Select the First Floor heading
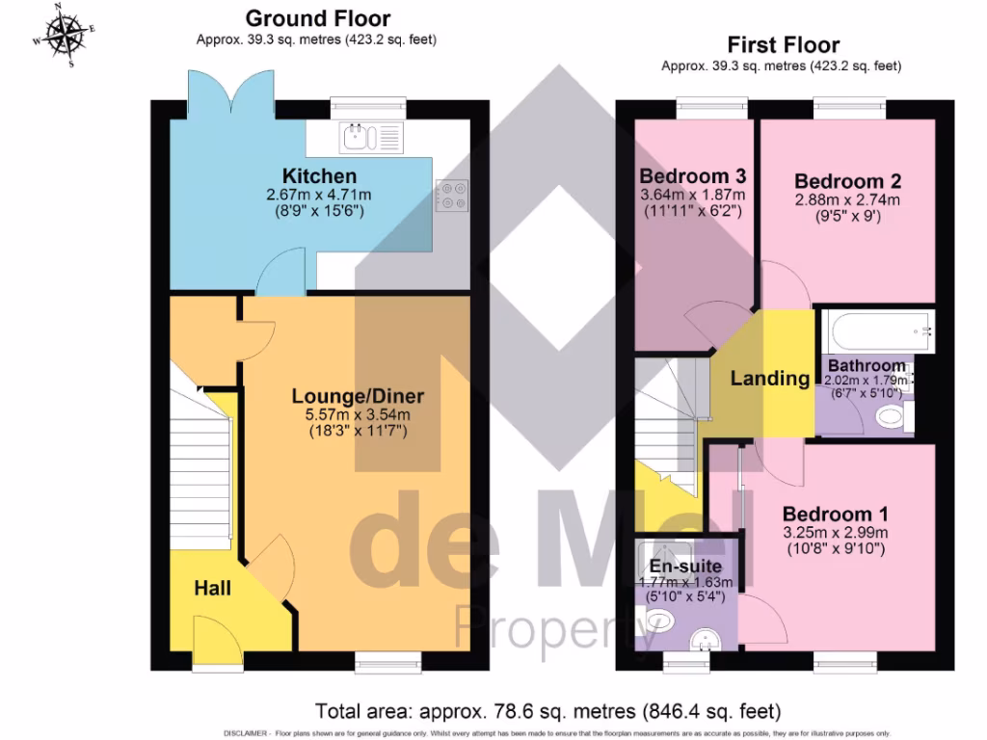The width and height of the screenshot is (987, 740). pyautogui.click(x=783, y=45)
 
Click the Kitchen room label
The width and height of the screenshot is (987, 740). pyautogui.click(x=319, y=176)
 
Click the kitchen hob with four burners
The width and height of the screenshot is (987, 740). pyautogui.click(x=450, y=197)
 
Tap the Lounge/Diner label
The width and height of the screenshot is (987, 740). pyautogui.click(x=359, y=396)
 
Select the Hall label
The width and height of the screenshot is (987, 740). pyautogui.click(x=213, y=587)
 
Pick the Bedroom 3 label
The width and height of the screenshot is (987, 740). pyautogui.click(x=693, y=176)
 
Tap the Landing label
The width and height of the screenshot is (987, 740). pyautogui.click(x=769, y=379)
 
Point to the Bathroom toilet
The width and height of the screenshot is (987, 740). pyautogui.click(x=892, y=416)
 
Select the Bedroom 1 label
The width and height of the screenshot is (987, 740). pyautogui.click(x=835, y=514)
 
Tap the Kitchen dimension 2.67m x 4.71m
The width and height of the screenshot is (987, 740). pyautogui.click(x=319, y=195)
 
